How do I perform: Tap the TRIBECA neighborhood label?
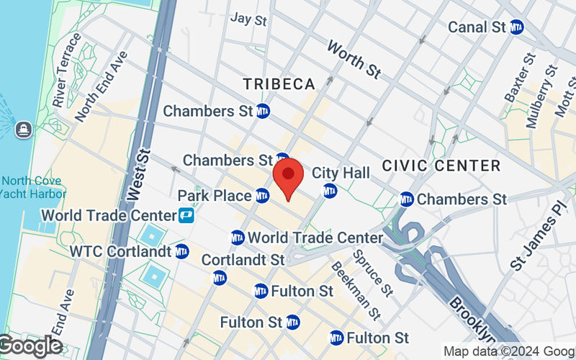pyautogui.click(x=279, y=84)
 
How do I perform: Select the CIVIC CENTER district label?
pyautogui.click(x=441, y=166)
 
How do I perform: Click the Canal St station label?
pyautogui.click(x=477, y=27)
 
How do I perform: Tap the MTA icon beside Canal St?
pyautogui.click(x=516, y=27)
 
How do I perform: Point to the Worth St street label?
pyautogui.click(x=353, y=59)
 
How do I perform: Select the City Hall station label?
pyautogui.click(x=341, y=173)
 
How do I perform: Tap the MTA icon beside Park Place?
pyautogui.click(x=262, y=195)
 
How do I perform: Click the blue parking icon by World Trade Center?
pyautogui.click(x=186, y=215)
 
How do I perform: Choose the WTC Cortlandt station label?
pyautogui.click(x=120, y=251)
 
